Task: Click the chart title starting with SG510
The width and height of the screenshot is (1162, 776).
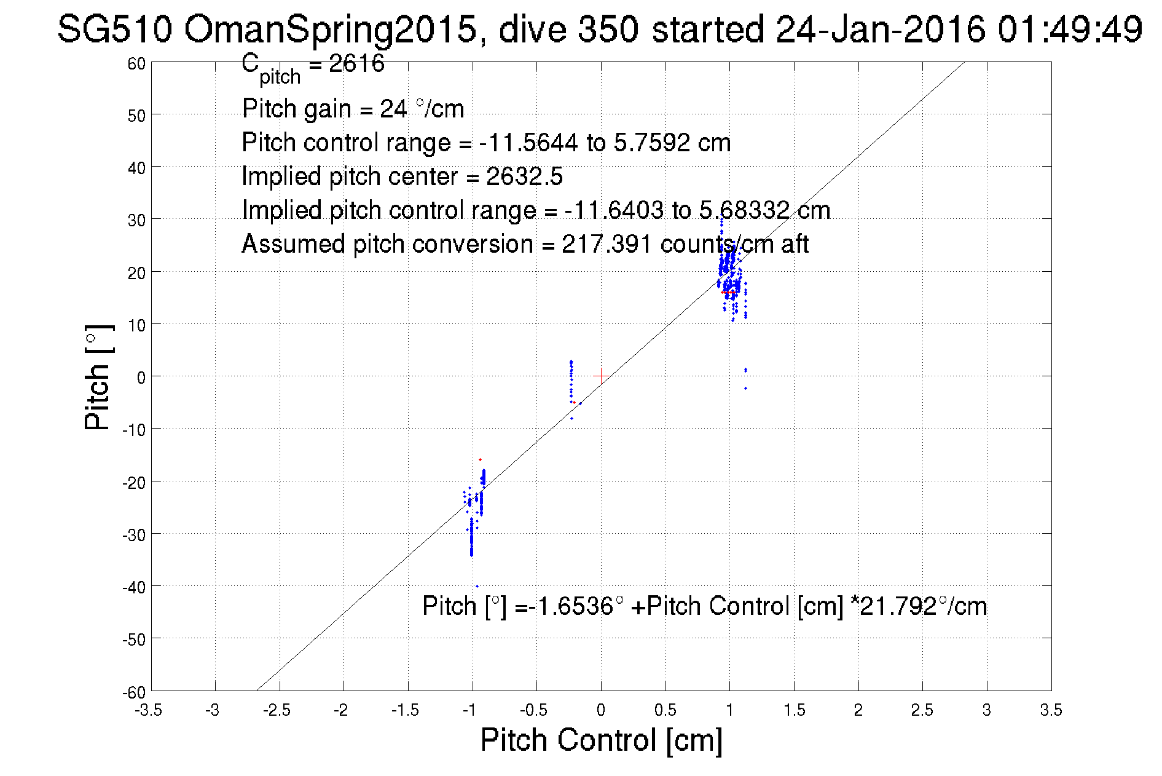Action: (x=599, y=29)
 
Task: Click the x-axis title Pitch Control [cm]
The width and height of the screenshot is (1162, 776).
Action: (x=600, y=739)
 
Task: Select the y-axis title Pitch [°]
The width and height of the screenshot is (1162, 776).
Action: (x=98, y=377)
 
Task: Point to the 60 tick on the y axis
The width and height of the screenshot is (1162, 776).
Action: (x=136, y=63)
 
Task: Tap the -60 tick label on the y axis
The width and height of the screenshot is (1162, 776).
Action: (x=133, y=692)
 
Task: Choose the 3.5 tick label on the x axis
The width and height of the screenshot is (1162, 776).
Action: (x=1051, y=710)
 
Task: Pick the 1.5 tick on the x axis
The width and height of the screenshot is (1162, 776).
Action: (x=793, y=710)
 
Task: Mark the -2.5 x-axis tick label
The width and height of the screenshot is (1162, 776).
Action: (x=277, y=710)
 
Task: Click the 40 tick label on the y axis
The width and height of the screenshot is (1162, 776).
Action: (x=136, y=168)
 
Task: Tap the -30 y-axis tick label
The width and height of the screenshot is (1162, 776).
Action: (x=133, y=535)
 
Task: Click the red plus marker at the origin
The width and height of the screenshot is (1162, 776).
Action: (x=601, y=376)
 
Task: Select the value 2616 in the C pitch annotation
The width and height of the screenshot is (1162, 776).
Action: (x=356, y=63)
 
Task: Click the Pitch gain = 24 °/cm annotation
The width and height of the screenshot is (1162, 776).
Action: (x=353, y=109)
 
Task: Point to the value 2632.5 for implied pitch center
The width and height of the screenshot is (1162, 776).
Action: (x=524, y=176)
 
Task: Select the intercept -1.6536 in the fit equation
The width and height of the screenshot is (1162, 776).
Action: (x=571, y=606)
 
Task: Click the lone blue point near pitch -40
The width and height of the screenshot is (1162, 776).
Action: (x=477, y=586)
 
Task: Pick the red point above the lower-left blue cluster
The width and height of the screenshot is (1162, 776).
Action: (x=480, y=459)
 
